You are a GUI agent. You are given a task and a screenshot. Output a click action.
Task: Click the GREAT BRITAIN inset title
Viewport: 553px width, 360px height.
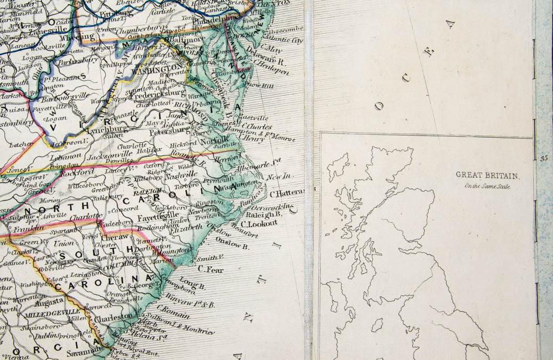click(x=487, y=175)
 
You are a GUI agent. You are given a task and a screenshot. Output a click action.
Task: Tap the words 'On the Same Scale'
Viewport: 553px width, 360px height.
click(x=488, y=186)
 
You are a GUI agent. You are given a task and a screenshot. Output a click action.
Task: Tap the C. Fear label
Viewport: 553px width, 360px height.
click(x=210, y=269)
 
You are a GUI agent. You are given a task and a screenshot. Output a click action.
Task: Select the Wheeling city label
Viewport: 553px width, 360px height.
click(x=80, y=37)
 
